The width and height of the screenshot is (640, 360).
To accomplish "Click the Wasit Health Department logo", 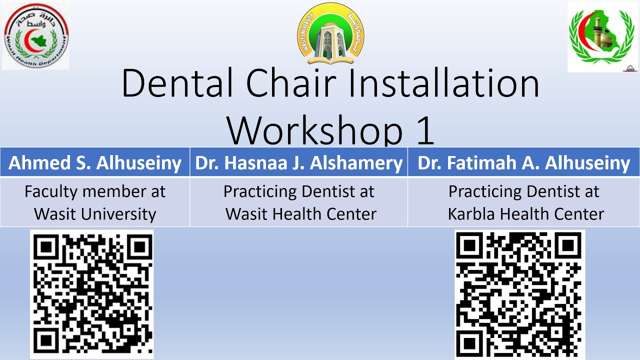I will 35,35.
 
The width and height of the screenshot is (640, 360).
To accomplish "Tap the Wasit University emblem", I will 330,34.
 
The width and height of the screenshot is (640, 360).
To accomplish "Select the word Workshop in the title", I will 315,131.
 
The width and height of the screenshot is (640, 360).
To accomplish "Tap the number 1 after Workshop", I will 424,131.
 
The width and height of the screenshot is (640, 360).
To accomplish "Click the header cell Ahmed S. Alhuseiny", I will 95,163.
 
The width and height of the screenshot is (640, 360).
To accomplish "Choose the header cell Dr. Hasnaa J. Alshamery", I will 299,163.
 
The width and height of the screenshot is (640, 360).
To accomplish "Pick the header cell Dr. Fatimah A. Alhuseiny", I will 523,163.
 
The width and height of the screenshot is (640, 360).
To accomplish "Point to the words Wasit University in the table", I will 95,214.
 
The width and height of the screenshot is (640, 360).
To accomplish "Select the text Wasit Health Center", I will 300,214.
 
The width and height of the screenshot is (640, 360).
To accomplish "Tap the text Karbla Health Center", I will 525,214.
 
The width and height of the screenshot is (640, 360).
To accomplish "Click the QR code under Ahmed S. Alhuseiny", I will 92,293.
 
